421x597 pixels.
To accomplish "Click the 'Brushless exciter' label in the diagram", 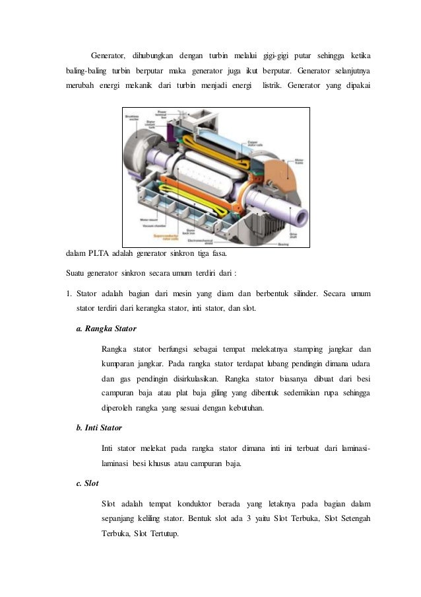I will pyautogui.click(x=131, y=118).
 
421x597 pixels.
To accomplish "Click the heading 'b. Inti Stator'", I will pyautogui.click(x=99, y=428).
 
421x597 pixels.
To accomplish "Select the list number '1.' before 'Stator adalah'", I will pyautogui.click(x=71, y=293).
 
